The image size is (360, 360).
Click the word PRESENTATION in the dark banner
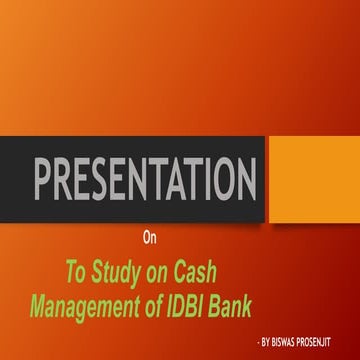pos(146,179)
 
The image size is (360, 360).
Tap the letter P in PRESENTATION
pos(45,179)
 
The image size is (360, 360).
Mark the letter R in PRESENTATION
pos(66,179)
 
